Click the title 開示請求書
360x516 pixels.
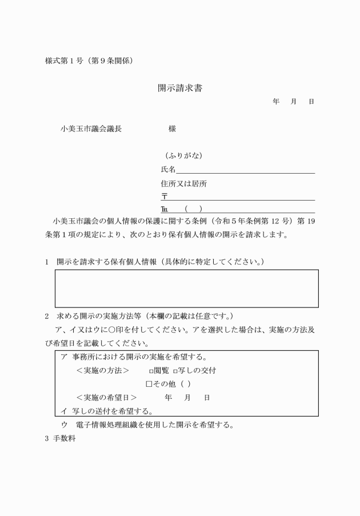[180, 89]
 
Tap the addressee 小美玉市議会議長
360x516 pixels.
[91, 129]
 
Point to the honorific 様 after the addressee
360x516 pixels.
[172, 129]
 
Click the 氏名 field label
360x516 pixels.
[168, 170]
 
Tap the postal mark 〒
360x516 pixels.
[165, 197]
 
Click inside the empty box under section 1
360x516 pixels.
[186, 288]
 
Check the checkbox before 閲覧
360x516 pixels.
[151, 370]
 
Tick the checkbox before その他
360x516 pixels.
[149, 383]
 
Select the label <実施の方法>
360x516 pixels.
[102, 370]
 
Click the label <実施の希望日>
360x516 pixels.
[106, 397]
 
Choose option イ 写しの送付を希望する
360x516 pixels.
[106, 410]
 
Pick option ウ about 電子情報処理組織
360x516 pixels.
[148, 425]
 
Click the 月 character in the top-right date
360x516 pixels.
[294, 101]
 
